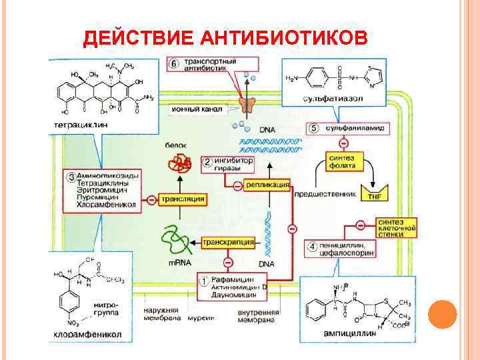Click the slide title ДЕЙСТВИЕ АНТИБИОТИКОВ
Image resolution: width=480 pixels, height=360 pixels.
click(225, 39)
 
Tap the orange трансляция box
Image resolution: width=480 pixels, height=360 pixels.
click(183, 199)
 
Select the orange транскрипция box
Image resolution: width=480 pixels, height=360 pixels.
click(228, 243)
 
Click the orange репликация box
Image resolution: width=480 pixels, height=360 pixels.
click(267, 185)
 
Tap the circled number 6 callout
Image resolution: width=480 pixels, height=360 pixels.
click(173, 64)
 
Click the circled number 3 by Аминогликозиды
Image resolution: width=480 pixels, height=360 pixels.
click(71, 177)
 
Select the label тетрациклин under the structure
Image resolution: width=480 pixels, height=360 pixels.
click(79, 125)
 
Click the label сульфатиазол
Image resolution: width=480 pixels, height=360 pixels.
click(335, 101)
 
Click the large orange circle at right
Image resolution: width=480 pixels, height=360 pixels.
click(442, 313)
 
